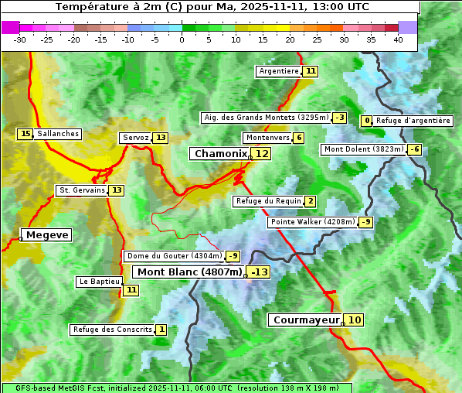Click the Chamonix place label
click(x=220, y=154)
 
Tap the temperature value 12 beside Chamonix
click(x=263, y=154)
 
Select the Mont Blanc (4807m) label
click(x=190, y=272)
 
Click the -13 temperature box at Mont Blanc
click(x=260, y=272)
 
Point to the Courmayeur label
click(x=307, y=320)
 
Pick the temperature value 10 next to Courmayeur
click(x=354, y=320)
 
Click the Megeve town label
click(x=48, y=234)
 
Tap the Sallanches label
click(x=58, y=134)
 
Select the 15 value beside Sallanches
click(x=25, y=134)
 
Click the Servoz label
click(x=135, y=138)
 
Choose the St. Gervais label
click(x=80, y=190)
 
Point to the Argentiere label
click(x=279, y=71)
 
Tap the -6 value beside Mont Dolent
click(x=415, y=149)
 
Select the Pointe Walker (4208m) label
click(x=312, y=222)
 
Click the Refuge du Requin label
click(x=268, y=201)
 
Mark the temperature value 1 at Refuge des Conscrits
click(x=161, y=330)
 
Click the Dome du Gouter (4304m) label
click(x=174, y=256)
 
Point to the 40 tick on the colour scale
click(x=398, y=39)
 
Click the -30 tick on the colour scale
click(x=20, y=39)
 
